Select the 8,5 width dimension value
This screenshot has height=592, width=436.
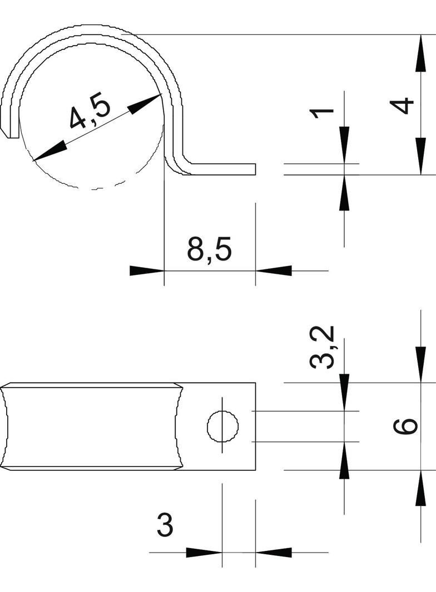(x=209, y=249)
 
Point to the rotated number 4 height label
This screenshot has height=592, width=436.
(x=403, y=106)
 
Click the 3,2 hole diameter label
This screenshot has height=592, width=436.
(x=323, y=348)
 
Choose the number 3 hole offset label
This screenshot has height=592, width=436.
(x=165, y=525)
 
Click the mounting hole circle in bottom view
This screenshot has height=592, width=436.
(x=222, y=427)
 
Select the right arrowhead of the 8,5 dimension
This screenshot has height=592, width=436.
(x=274, y=271)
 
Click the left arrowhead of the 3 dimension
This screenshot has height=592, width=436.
(x=204, y=553)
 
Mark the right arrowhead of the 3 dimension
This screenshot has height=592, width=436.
(x=274, y=553)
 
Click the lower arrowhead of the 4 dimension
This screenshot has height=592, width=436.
(x=420, y=156)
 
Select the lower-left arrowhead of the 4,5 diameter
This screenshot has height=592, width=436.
(x=49, y=152)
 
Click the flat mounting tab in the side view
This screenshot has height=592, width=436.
(x=222, y=169)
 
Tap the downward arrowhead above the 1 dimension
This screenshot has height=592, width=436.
(x=344, y=145)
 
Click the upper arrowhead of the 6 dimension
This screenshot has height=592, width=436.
(x=420, y=364)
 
